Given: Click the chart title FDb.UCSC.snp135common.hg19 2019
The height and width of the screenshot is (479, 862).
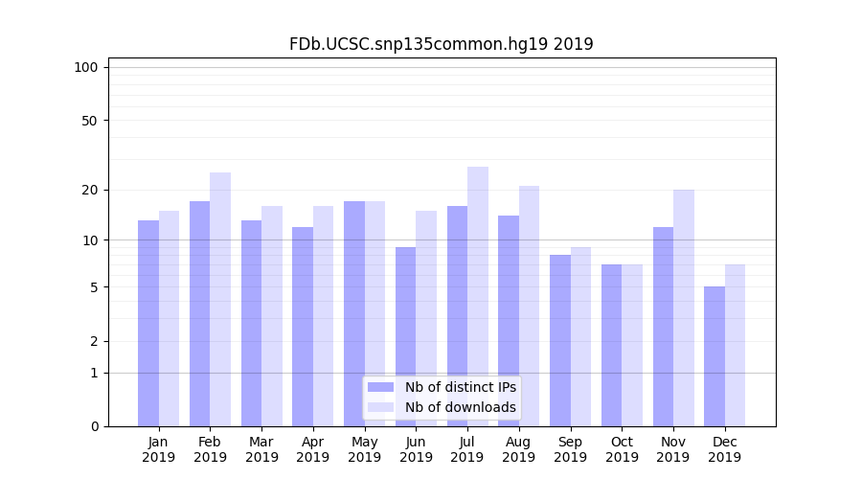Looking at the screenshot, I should pos(441,44).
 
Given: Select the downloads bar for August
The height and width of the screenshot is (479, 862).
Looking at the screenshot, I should pos(530,306).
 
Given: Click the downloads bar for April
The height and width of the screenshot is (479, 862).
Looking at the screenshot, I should pos(324,316).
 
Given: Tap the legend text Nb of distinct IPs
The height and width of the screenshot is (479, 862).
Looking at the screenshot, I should pos(460,387).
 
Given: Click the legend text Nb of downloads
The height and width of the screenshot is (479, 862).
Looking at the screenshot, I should pos(460,407).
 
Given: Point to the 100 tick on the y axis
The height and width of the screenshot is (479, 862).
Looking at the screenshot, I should pos(86,67).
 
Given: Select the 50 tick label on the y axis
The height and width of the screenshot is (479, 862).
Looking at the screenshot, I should pos(90,121).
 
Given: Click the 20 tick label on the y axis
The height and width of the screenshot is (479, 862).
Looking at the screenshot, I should pos(90,190).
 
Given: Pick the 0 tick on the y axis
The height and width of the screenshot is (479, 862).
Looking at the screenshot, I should pos(94,426).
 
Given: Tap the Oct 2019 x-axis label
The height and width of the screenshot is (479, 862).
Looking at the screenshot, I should pos(622,449).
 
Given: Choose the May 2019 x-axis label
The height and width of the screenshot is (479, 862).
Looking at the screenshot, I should pos(365,449).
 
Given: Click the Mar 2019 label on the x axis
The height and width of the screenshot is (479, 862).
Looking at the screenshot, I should pos(261,449).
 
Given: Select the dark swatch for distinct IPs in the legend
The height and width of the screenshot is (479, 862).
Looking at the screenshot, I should pos(380,387).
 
